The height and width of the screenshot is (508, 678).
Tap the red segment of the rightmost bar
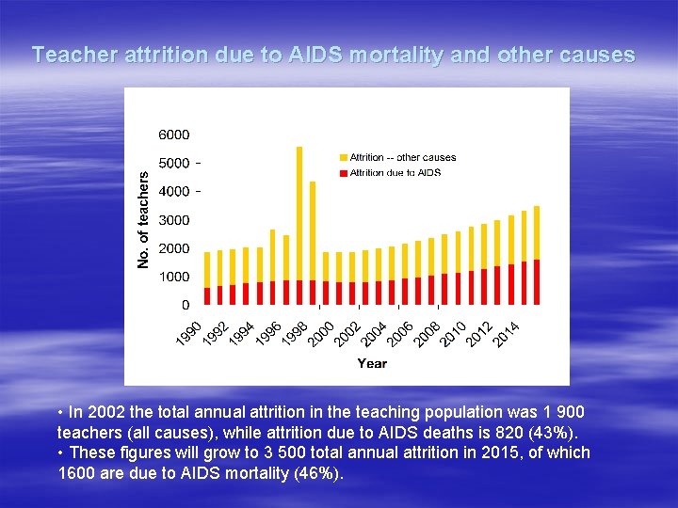point(537,282)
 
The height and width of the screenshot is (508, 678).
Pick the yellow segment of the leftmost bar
point(207,268)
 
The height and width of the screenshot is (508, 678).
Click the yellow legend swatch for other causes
point(343,158)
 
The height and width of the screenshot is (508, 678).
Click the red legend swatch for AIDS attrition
point(343,172)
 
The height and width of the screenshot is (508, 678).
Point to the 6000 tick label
point(173,135)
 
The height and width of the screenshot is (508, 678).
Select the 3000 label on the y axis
point(173,220)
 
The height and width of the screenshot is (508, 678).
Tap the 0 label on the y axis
point(185,305)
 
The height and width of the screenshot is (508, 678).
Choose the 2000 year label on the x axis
point(323,331)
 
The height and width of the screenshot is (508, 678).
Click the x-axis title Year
point(371,363)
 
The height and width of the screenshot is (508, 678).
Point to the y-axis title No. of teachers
point(143,219)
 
